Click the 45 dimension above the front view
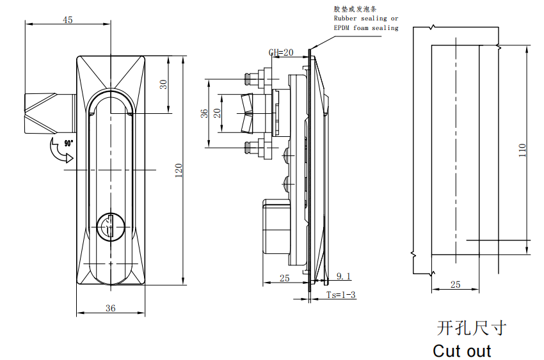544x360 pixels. coord(67,20)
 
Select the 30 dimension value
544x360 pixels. coord(164,84)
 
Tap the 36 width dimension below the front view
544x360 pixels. coord(110,308)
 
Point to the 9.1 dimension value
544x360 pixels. coord(344,276)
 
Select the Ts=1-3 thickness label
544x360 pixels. coord(340,295)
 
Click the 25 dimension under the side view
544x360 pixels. coord(285,278)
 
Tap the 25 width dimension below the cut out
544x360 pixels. coord(455,285)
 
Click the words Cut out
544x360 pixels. coord(461,351)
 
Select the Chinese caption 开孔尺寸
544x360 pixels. coord(471,328)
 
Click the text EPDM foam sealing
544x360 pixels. coord(365,27)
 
